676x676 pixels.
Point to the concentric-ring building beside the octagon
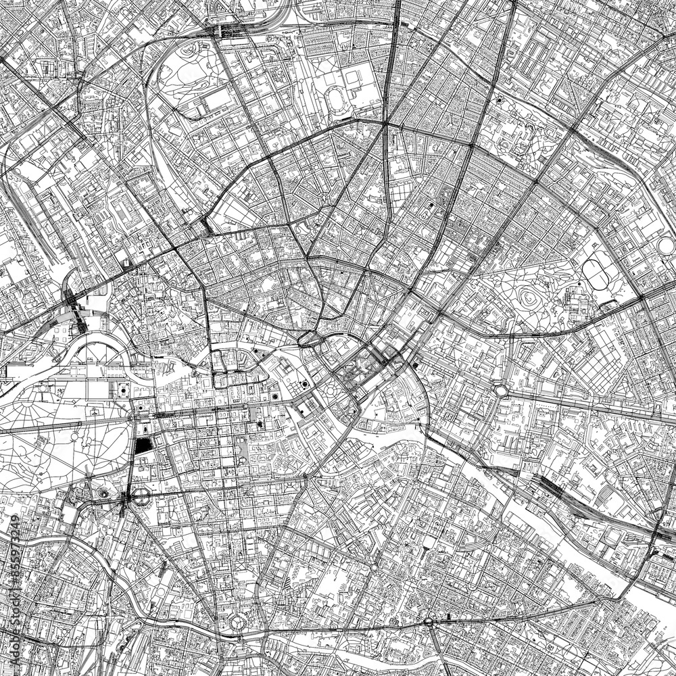point(103,494)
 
